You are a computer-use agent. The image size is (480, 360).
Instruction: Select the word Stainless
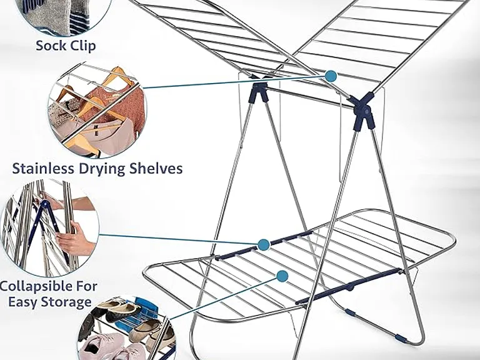[x=43, y=168]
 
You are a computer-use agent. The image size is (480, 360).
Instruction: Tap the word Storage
[x=67, y=302]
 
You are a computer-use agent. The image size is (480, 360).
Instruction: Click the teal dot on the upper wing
[x=331, y=76]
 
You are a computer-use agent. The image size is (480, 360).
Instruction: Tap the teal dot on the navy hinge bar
[x=263, y=244]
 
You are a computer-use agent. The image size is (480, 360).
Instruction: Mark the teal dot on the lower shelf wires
[x=282, y=276]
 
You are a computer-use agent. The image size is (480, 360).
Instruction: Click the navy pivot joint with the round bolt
[x=364, y=111]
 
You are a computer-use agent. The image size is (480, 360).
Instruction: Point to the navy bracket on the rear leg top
[x=260, y=91]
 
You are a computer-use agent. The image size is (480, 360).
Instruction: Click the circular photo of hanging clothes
[x=97, y=110]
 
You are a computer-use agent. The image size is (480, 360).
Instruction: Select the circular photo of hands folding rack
[x=50, y=229]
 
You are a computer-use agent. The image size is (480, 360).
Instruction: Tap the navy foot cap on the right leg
[x=401, y=338]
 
